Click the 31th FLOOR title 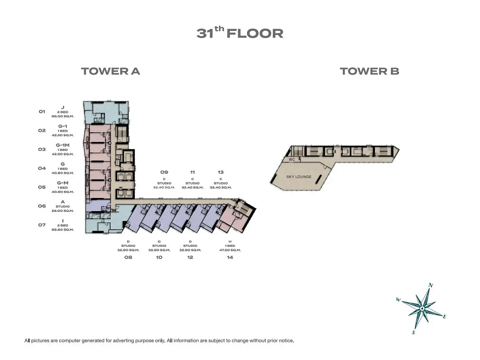240,33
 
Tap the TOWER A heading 110,71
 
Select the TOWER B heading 369,71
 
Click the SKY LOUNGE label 299,177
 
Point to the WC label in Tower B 292,159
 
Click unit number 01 42,111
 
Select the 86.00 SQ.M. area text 63,116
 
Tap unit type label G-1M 63,145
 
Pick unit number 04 42,168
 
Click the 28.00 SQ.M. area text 63,211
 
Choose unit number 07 42,225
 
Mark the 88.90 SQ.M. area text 63,230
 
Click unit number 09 164,172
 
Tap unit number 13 220,172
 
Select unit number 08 128,257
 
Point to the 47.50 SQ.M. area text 230,250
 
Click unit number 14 230,257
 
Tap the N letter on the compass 430,285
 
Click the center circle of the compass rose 422,308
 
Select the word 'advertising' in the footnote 123,340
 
